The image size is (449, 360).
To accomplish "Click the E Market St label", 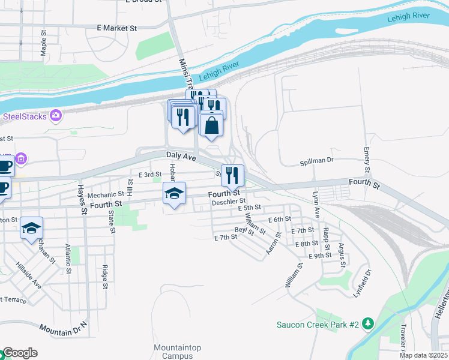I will point(117,28).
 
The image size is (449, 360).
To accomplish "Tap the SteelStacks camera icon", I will point(56,115).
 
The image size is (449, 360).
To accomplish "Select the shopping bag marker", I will point(211,126).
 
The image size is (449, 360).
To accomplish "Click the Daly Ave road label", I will point(181,156).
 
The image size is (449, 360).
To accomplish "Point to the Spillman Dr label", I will point(316,161).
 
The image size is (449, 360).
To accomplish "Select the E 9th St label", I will point(320,256).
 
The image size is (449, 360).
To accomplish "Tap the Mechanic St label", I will point(105,195).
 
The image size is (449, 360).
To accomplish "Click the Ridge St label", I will point(104,276).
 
